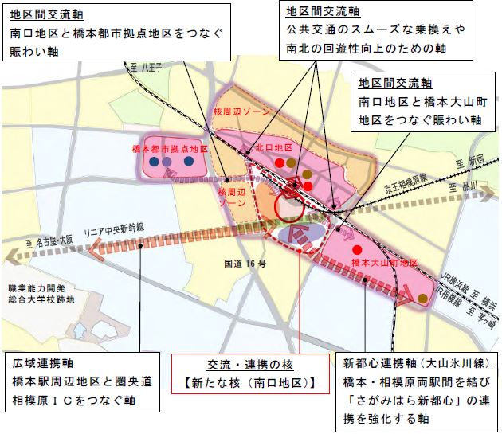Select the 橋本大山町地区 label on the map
click(382, 263)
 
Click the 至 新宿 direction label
click(468, 164)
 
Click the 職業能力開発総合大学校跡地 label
click(39, 291)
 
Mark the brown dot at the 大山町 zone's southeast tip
click(421, 297)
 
